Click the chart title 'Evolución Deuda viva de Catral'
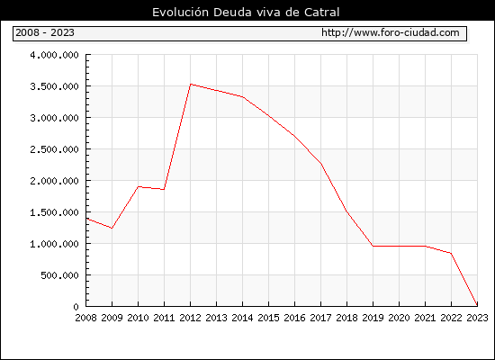point(246,13)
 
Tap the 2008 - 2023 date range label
point(45,32)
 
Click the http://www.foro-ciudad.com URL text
point(391,32)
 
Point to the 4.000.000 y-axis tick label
point(54,55)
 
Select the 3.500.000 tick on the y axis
point(54,86)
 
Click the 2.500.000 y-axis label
point(54,149)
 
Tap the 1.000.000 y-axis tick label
point(54,244)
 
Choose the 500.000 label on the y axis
point(59,275)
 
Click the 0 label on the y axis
point(76,307)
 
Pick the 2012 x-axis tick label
point(190,318)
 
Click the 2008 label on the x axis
point(85,318)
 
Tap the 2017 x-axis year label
point(320,318)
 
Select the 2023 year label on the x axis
point(477,318)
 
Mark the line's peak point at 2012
point(191,84)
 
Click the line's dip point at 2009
point(112,228)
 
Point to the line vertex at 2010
point(139,186)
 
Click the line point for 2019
point(373,246)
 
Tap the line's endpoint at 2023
point(477,305)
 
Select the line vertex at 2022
point(451,253)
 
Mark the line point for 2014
point(242,97)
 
